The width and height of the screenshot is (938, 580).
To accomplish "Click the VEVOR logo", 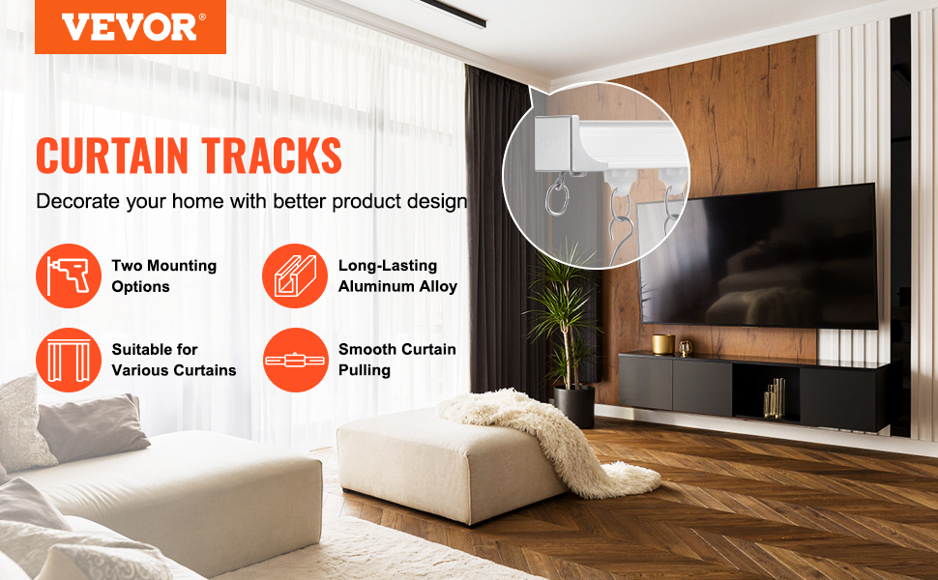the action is pyautogui.click(x=131, y=27).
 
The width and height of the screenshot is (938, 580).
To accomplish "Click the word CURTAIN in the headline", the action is pyautogui.click(x=112, y=156).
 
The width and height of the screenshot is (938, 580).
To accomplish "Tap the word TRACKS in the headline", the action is pyautogui.click(x=271, y=156).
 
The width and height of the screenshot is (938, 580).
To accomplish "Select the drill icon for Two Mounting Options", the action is pyautogui.click(x=69, y=275).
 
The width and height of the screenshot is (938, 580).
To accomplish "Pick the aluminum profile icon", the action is pyautogui.click(x=294, y=275).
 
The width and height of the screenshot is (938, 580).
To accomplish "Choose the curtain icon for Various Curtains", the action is pyautogui.click(x=69, y=360).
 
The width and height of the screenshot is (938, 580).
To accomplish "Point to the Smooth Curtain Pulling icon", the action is pyautogui.click(x=295, y=360).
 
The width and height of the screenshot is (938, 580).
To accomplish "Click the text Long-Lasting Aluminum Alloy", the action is pyautogui.click(x=397, y=276).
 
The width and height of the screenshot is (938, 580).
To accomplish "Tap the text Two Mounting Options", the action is pyautogui.click(x=164, y=276).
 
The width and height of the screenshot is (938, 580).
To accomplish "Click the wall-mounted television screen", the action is pyautogui.click(x=758, y=257).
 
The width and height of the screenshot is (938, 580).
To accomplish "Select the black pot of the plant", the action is pyautogui.click(x=574, y=406).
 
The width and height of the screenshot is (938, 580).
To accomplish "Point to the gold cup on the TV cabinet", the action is pyautogui.click(x=662, y=344).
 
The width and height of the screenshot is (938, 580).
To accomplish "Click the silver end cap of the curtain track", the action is pyautogui.click(x=557, y=143).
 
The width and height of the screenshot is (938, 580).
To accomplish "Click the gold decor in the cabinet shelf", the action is pyautogui.click(x=775, y=397).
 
